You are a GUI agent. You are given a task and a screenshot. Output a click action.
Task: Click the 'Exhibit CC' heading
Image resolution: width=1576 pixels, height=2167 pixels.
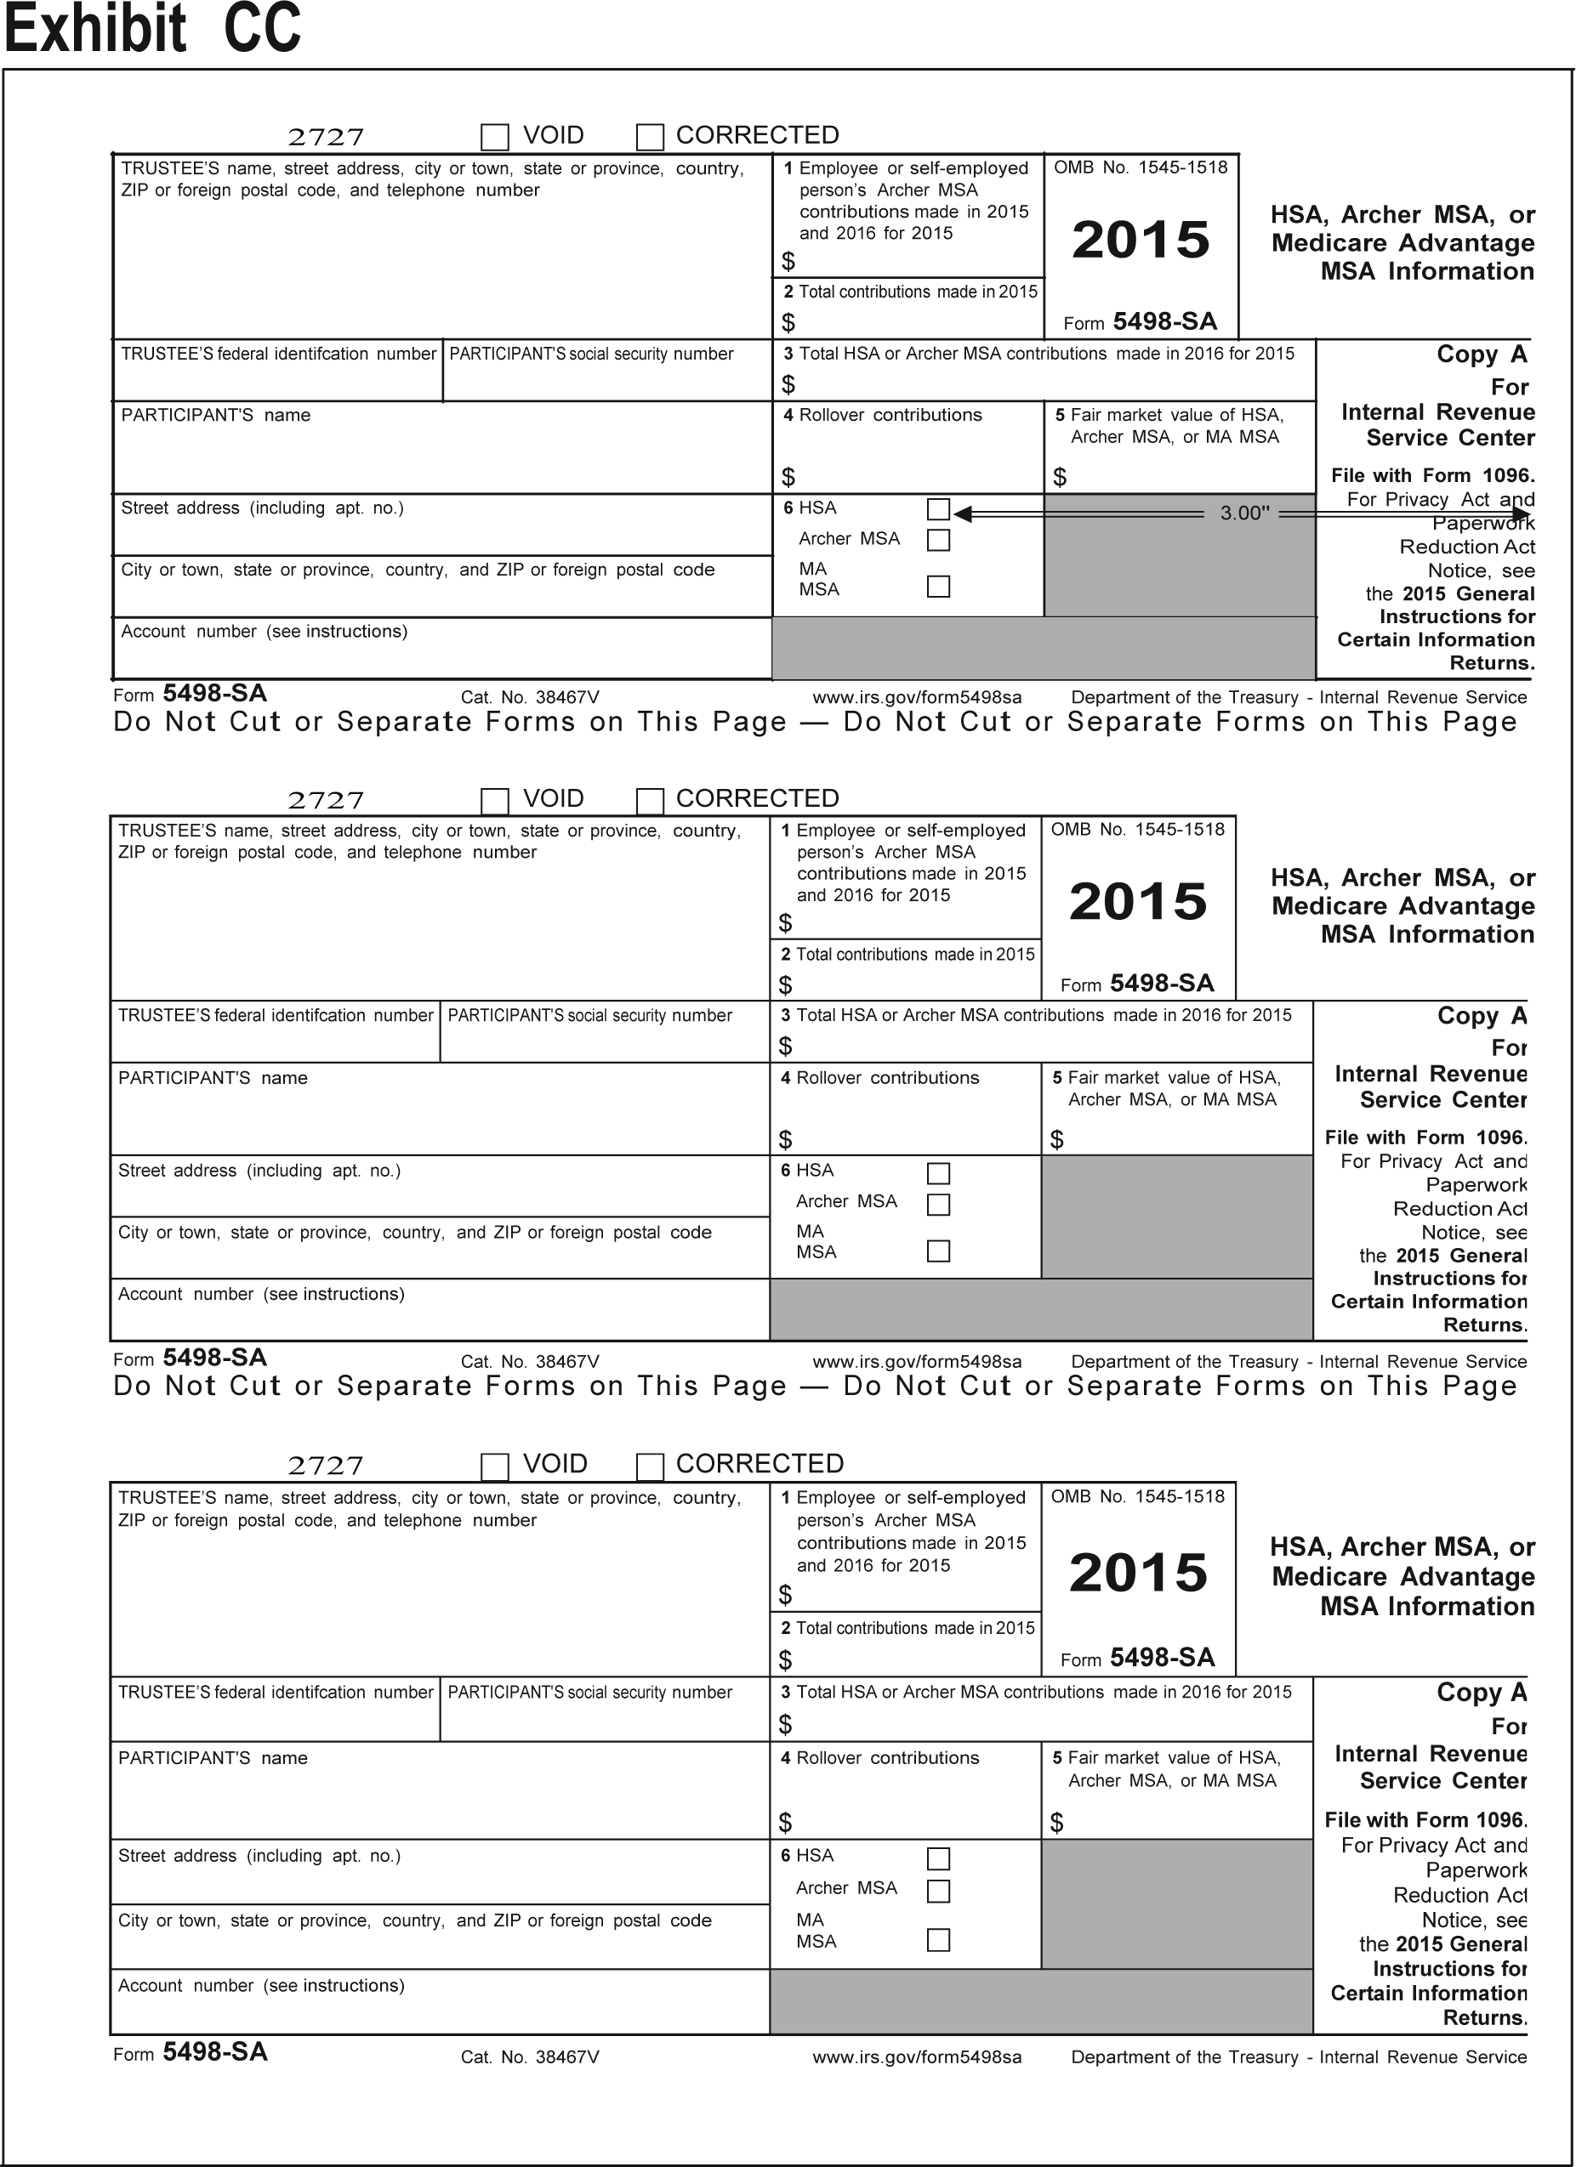pos(153,29)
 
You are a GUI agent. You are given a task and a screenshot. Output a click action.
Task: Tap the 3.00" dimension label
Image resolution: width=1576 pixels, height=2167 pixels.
pos(1244,513)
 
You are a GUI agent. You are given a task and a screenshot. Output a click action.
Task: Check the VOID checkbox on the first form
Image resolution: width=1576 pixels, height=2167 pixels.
pos(494,137)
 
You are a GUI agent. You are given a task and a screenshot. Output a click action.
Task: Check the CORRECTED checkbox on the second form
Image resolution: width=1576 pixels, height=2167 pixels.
pos(650,800)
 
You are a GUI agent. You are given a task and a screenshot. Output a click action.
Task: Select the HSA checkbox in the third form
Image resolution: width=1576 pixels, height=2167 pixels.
pos(938,1858)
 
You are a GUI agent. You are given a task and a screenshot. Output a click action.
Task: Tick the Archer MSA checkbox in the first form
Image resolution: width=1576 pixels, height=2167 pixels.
pos(938,540)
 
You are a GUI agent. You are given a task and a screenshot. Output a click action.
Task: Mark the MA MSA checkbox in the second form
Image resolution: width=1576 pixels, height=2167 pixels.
pos(938,1251)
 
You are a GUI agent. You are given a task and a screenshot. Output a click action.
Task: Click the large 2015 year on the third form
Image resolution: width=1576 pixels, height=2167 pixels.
pos(1138,1573)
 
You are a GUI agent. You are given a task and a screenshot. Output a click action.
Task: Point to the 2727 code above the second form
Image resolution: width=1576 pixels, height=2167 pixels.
pos(326,800)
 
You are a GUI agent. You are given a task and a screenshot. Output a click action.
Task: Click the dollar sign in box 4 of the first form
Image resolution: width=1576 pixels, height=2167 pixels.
pos(788,476)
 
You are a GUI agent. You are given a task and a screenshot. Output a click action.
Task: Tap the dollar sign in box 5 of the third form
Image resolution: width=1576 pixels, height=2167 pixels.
pos(1056,1823)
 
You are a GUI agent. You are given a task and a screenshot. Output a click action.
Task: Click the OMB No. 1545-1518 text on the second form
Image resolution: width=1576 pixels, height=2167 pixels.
pos(1137,830)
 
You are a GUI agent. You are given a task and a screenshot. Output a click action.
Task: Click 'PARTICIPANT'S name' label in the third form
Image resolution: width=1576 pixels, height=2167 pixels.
pos(212,1758)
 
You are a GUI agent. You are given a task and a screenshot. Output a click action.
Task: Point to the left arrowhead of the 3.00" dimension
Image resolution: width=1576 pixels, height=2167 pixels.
pos(961,514)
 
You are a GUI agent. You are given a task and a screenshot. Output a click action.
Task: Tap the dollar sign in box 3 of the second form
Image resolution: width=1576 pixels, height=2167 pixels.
pos(786,1047)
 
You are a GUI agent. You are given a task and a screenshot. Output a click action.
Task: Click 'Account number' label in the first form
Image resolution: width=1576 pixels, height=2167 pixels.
pos(264,632)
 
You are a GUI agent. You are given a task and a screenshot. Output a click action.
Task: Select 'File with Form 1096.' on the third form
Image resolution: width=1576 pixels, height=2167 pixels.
pos(1425,1820)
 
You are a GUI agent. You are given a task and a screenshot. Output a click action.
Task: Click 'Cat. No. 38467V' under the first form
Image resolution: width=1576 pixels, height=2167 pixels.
pos(530,697)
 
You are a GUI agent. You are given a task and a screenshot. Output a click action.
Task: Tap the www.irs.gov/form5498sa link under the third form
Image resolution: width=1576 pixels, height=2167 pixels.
pos(917,2057)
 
